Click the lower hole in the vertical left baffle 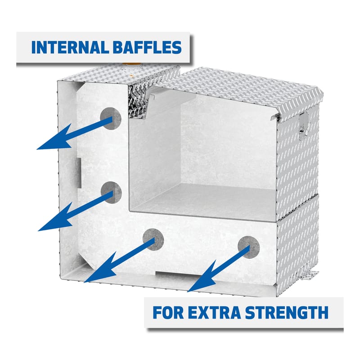coord(111,193)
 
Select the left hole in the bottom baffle coord(153,239)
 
